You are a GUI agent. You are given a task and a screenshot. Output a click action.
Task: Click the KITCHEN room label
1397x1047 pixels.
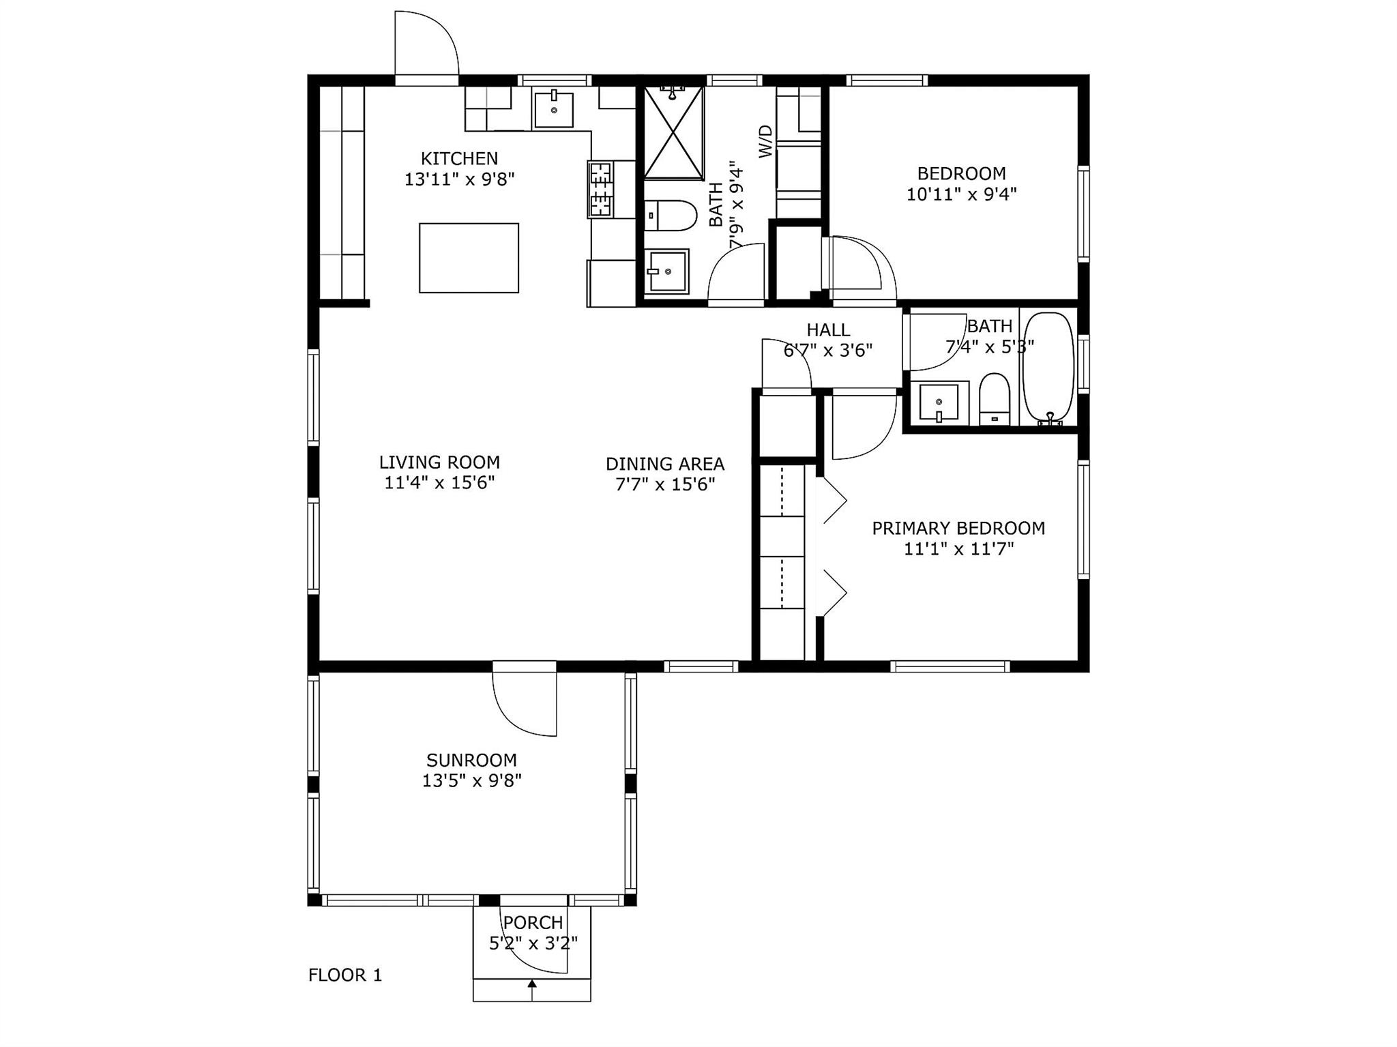[x=459, y=158]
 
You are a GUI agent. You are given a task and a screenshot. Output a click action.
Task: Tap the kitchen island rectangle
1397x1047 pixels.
[x=469, y=258]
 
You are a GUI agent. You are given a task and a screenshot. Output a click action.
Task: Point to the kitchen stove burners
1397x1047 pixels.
[x=600, y=189]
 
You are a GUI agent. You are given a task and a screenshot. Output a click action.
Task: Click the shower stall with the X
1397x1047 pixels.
[x=673, y=133]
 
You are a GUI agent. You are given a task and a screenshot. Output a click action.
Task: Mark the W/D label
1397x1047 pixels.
[x=766, y=141]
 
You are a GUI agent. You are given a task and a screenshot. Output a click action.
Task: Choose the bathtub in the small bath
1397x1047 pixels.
[x=1048, y=368]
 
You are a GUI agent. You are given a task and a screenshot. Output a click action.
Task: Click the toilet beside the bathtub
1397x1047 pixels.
[x=994, y=399]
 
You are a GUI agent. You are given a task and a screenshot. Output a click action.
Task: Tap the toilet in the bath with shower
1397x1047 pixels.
[x=671, y=216]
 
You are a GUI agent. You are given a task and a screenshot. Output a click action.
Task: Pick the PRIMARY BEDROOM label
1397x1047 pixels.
[x=958, y=528]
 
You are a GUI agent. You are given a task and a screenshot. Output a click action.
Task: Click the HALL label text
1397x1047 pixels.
[x=828, y=330]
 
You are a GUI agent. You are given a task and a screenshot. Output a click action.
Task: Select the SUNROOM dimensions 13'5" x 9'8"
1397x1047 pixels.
[x=472, y=780]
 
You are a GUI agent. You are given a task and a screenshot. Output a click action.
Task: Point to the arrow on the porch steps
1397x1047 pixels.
[x=532, y=984]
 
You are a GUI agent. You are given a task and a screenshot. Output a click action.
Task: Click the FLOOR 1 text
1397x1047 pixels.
[x=345, y=975]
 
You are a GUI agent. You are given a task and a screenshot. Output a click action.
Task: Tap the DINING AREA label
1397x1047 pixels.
[x=665, y=464]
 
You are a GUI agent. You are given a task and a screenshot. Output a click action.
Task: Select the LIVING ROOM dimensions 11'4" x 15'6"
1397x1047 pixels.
[x=439, y=483]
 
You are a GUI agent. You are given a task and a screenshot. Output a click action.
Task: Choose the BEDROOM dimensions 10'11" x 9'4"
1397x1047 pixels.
[x=961, y=194]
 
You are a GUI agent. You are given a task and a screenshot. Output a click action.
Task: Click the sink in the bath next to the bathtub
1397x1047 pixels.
[x=939, y=402]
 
